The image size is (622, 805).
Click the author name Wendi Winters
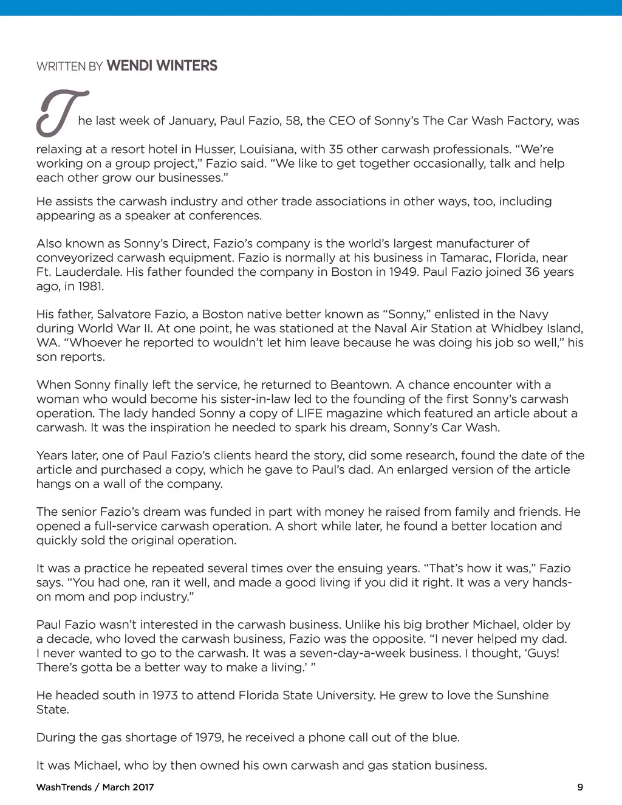click(x=162, y=66)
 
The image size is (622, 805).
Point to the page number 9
click(x=580, y=787)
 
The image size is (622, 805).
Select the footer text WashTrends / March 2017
click(x=95, y=787)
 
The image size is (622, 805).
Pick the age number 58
click(x=293, y=121)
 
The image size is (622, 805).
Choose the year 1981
click(x=91, y=286)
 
